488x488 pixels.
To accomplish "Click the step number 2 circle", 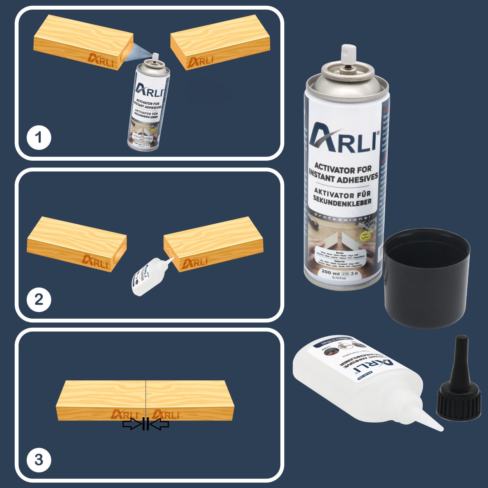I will (x=39, y=299).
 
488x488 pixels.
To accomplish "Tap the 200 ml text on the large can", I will (x=330, y=273).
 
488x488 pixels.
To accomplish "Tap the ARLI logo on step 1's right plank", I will (x=200, y=61).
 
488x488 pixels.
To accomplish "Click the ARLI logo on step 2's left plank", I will (x=96, y=261).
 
